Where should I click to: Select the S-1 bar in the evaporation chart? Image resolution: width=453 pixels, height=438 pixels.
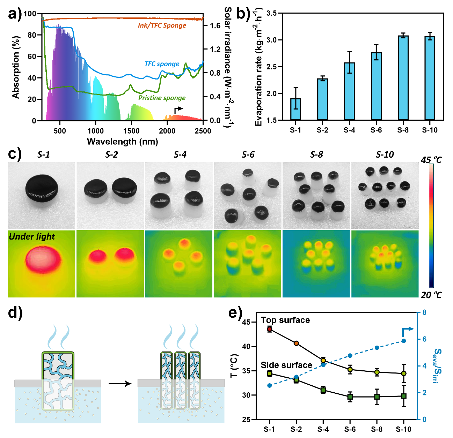295,109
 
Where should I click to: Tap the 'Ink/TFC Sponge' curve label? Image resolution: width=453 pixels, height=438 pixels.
162,25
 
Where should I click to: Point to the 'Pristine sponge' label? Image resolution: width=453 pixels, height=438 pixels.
162,98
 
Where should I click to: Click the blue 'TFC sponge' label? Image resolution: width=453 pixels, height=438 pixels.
162,64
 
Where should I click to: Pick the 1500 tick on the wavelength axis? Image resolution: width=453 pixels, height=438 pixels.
131,131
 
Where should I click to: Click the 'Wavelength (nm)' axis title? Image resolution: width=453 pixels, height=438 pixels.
122,142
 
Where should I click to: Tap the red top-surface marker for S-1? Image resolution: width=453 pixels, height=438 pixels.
270,329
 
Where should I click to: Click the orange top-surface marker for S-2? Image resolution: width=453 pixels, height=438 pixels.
296,343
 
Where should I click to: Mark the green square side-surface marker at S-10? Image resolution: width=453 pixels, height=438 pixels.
404,396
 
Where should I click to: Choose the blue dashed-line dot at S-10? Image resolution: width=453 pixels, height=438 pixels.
404,341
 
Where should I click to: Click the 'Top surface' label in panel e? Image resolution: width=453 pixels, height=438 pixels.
285,320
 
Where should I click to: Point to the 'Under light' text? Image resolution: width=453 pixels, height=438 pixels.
32,237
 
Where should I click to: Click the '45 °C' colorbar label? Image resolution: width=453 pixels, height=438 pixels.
431,160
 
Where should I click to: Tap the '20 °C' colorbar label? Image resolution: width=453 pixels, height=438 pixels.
431,295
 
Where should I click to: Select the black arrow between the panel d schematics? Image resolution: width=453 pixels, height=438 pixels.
120,384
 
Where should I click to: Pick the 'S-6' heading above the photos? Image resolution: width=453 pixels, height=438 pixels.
248,154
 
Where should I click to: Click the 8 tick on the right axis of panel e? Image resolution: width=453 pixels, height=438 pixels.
424,312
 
